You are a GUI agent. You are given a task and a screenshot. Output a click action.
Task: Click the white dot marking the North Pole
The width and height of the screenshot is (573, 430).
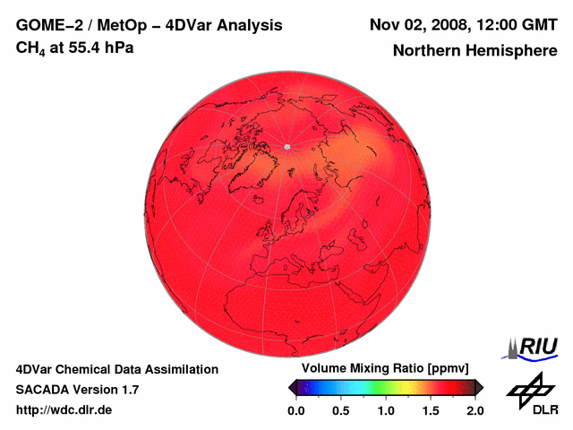point(287,146)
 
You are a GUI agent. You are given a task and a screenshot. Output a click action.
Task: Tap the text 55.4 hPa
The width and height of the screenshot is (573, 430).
point(101,47)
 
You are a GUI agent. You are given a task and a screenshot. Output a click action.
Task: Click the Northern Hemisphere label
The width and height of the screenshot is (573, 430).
point(475,51)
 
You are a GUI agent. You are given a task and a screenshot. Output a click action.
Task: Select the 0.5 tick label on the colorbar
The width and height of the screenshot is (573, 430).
point(340,410)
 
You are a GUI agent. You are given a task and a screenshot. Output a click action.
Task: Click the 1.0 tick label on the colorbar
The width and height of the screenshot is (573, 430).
point(386,410)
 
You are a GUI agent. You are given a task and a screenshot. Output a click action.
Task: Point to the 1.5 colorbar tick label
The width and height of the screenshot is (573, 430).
point(431,410)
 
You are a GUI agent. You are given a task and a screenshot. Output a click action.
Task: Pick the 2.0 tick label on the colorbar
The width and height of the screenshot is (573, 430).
point(475,410)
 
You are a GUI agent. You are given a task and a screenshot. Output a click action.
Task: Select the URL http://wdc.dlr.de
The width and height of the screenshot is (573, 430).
point(64,410)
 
